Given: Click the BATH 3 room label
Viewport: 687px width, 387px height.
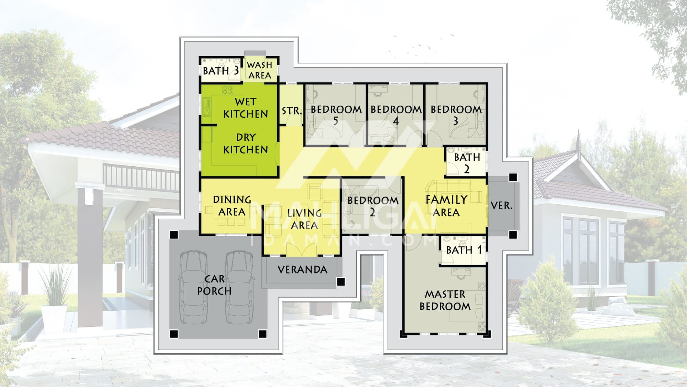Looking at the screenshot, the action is coord(220,71).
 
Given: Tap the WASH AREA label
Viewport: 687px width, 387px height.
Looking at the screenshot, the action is coord(259,70).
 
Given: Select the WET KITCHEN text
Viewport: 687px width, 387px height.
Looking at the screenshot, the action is coord(246,107).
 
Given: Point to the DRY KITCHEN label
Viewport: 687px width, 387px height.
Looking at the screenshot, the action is coord(246,143).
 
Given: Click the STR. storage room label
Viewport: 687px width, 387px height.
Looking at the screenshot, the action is coord(292,111).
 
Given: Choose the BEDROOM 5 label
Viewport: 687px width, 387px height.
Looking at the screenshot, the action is coord(336,115).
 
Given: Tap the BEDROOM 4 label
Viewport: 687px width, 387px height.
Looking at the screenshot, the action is coord(396,115).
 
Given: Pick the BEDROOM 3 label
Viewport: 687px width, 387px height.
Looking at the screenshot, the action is coord(456,115).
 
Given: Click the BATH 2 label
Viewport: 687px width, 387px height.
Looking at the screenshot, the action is coord(467,163).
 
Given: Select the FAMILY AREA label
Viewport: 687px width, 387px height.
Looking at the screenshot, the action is coord(446,206).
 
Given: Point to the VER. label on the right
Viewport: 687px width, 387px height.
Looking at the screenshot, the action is coord(501,206).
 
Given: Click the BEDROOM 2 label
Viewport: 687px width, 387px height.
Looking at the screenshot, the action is coord(373,206).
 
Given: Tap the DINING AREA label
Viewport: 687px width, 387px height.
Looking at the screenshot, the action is coord(232,206).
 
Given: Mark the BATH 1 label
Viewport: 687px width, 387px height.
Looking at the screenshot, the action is coord(464,250).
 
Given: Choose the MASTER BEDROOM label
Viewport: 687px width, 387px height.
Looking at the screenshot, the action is coord(445,300).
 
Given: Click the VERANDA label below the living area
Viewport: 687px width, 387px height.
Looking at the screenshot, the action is coord(302,270).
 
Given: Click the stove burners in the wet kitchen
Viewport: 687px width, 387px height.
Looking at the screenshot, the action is coord(228,90).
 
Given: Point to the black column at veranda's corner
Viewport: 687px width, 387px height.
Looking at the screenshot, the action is coord(341,282).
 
